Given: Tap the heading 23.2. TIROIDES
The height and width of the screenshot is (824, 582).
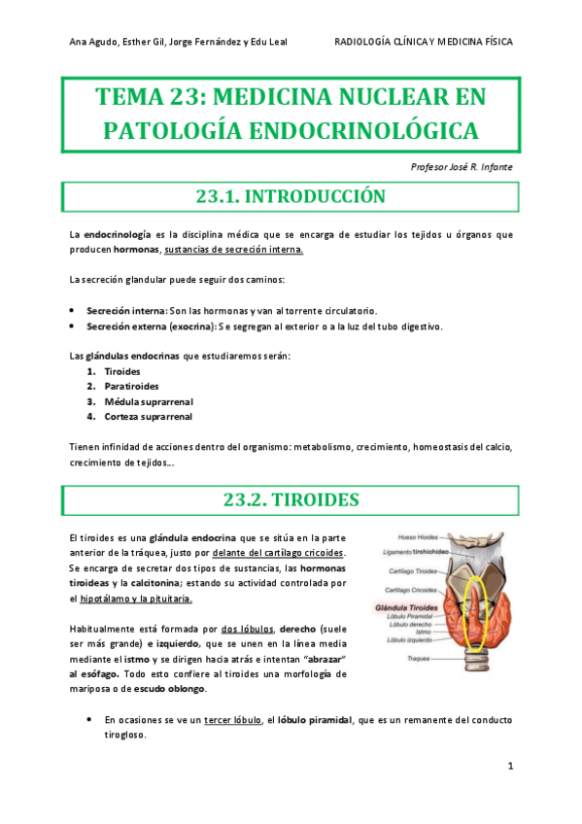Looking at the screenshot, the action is tap(291, 500).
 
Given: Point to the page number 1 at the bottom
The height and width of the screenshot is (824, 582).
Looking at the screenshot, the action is tap(510, 768).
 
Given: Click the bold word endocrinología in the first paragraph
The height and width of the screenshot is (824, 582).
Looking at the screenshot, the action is tap(117, 234).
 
